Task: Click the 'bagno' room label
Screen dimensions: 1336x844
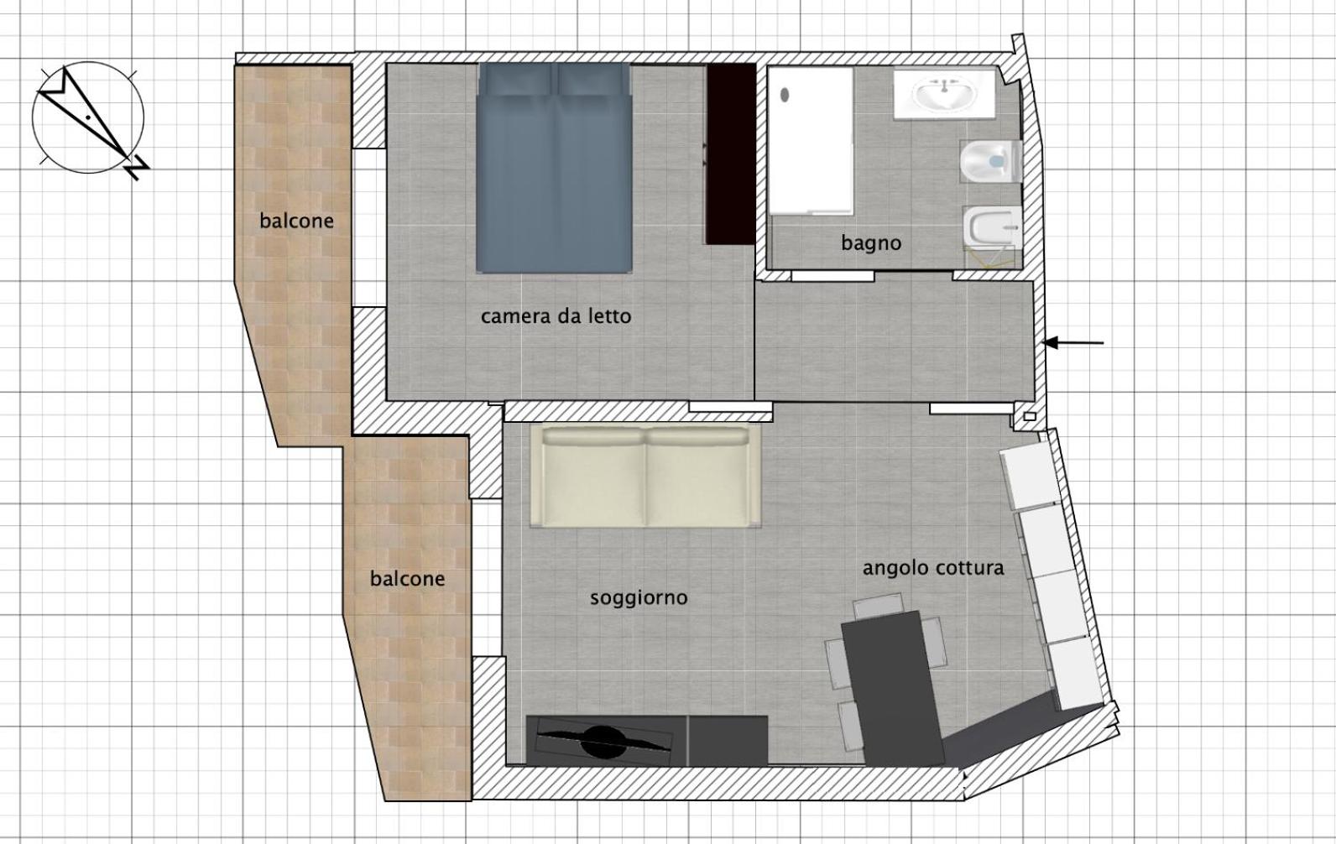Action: pyautogui.click(x=871, y=243)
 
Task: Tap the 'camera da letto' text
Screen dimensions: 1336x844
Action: pyautogui.click(x=556, y=315)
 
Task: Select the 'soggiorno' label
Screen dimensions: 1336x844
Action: pyautogui.click(x=639, y=597)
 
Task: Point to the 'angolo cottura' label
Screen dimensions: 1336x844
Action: pyautogui.click(x=933, y=568)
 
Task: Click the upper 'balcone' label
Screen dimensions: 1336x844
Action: pyautogui.click(x=296, y=221)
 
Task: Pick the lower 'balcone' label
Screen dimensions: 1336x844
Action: pyautogui.click(x=407, y=579)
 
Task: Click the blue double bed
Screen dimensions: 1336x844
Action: pyautogui.click(x=554, y=168)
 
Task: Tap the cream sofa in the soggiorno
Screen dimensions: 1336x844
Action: pyautogui.click(x=645, y=477)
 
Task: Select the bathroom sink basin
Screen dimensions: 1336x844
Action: pyautogui.click(x=945, y=95)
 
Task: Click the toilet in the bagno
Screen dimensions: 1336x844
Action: pyautogui.click(x=990, y=161)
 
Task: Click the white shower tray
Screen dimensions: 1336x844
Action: pyautogui.click(x=811, y=141)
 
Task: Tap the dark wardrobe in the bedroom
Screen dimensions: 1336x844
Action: pyautogui.click(x=731, y=154)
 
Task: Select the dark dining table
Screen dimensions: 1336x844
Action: pyautogui.click(x=892, y=688)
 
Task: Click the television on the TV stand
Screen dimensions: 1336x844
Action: pyautogui.click(x=604, y=742)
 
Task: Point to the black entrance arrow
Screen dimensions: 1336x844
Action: pyautogui.click(x=1073, y=343)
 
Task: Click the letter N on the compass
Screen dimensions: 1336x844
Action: pyautogui.click(x=137, y=167)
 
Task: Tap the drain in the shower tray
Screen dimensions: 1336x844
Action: pyautogui.click(x=785, y=94)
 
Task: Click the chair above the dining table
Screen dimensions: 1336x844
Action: pyautogui.click(x=878, y=606)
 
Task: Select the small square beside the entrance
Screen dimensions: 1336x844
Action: pyautogui.click(x=1030, y=417)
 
